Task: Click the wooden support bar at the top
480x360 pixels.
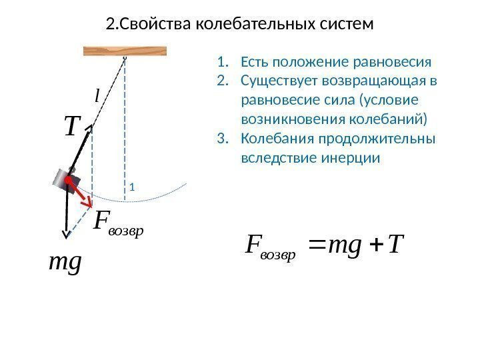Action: [125, 51]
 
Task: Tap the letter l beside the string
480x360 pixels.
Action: [98, 97]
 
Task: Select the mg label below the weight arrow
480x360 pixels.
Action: [65, 262]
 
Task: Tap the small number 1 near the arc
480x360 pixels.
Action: [132, 187]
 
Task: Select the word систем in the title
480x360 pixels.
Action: [345, 25]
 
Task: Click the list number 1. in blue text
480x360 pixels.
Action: [222, 63]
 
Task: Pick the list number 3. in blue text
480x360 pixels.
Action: [222, 140]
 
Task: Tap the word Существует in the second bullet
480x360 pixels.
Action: [278, 82]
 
